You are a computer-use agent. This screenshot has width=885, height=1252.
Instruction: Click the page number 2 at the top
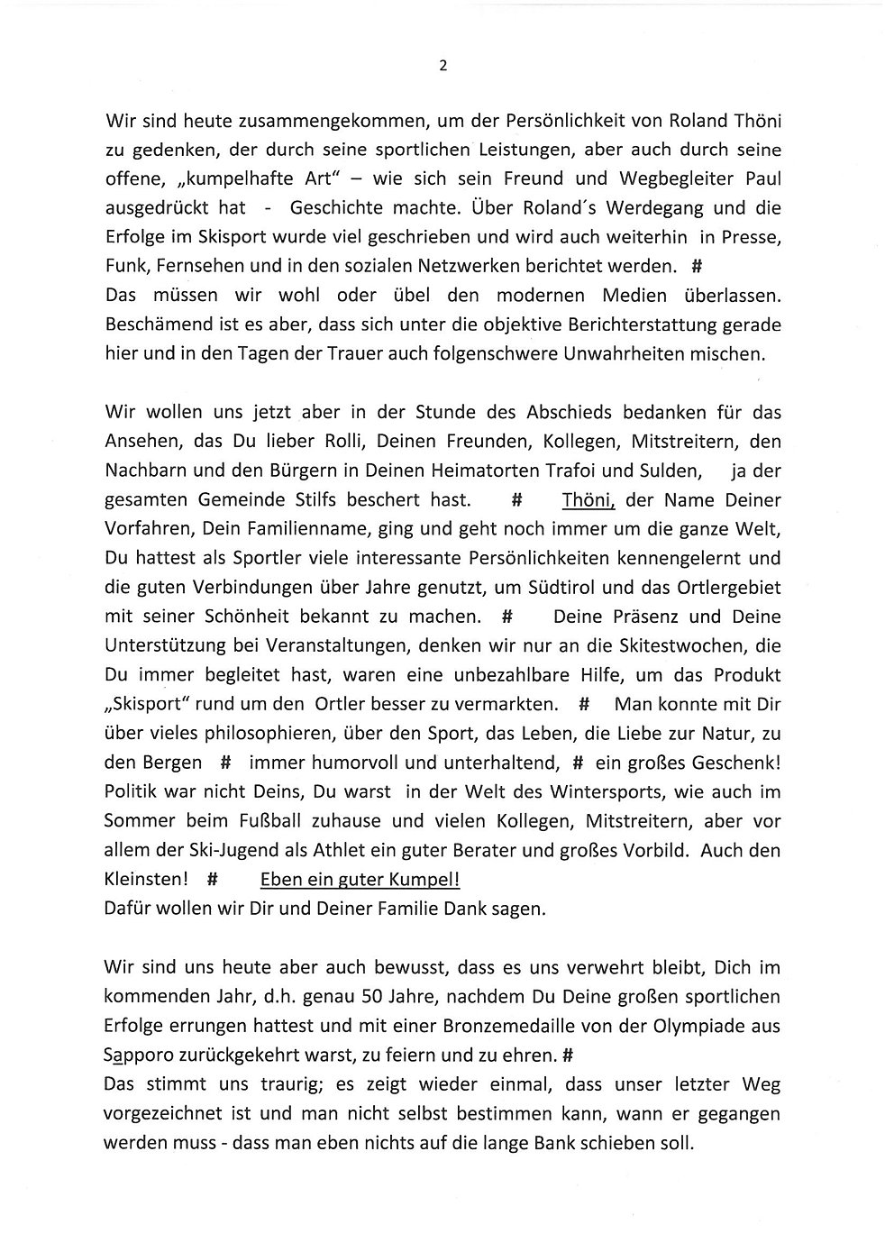442,65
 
